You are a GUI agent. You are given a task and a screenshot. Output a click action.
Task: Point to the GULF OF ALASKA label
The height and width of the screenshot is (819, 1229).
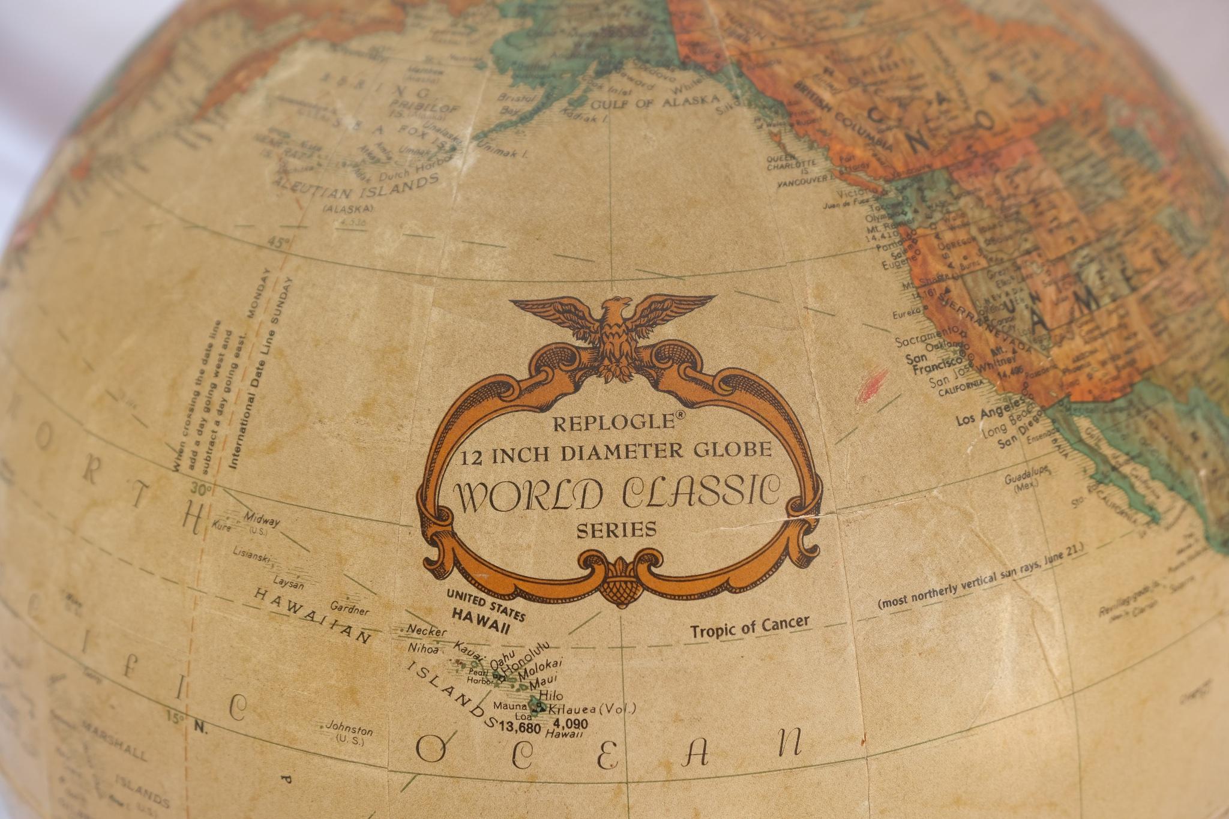point(655,103)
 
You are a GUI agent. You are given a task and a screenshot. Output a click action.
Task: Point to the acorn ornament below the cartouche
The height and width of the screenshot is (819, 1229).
point(620,588)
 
